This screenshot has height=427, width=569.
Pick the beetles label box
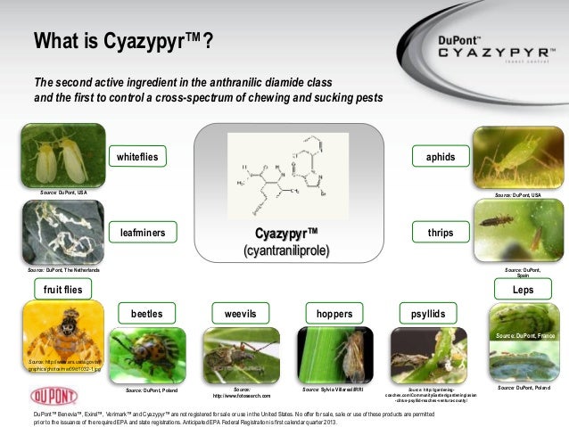(x=146, y=314)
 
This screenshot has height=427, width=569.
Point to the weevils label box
(x=240, y=314)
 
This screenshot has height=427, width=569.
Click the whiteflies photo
(x=55, y=159)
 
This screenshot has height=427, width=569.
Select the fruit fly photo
(x=55, y=339)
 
